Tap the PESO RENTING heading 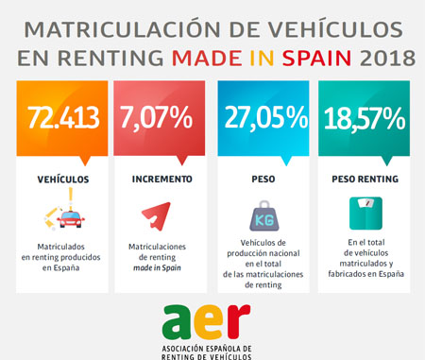[x=364, y=178]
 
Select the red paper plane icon [x=155, y=218]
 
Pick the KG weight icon [x=261, y=218]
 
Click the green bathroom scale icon [x=364, y=214]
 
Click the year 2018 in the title [x=387, y=59]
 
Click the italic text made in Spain [x=157, y=267]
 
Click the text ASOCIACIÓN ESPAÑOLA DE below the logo [x=208, y=349]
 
